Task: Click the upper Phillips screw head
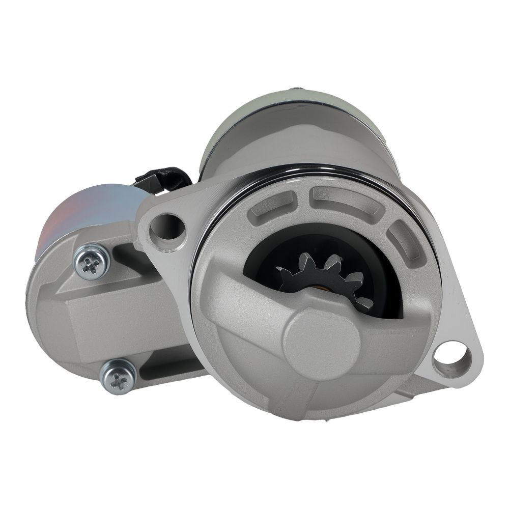click(92, 262)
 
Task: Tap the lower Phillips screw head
click(119, 377)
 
